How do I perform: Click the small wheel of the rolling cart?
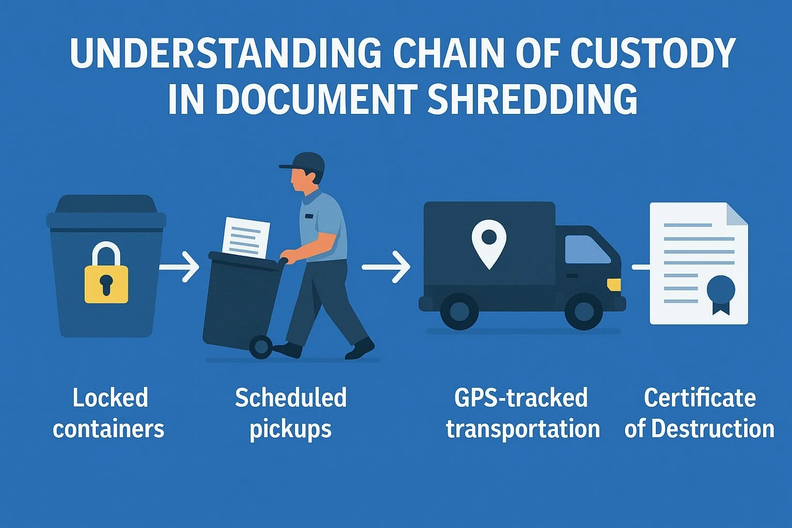[260, 347]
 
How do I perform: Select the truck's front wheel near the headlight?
[584, 311]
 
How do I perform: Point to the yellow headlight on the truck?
[614, 284]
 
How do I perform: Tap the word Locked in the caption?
[110, 398]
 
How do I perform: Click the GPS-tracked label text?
[521, 398]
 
